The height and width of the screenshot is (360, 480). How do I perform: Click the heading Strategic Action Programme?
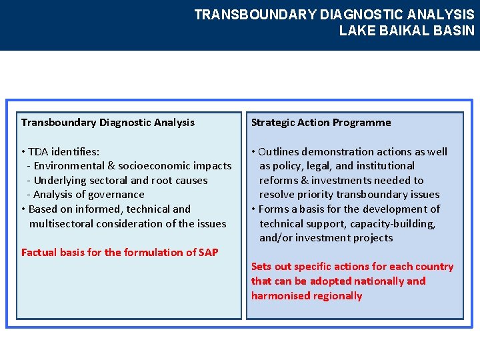point(321,123)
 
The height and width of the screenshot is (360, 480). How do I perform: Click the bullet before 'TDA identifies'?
point(23,152)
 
